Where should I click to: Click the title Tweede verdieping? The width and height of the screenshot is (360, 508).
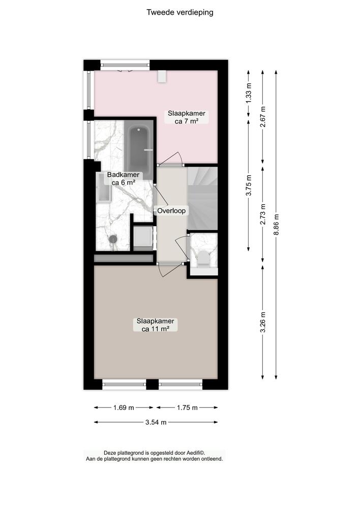point(180,13)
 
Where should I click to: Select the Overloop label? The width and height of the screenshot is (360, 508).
point(171,210)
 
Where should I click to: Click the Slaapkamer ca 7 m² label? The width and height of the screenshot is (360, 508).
point(190,117)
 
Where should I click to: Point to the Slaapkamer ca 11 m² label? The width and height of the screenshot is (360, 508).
point(155,325)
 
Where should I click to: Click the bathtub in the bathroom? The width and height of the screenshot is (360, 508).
point(140,148)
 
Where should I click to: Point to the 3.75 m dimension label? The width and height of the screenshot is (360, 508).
point(249,185)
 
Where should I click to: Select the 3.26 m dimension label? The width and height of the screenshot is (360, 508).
point(263,322)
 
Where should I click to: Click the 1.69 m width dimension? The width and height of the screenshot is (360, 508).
point(124,407)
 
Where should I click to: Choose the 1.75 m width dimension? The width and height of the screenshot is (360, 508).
point(187,407)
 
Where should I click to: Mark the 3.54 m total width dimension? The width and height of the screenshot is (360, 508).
point(156,422)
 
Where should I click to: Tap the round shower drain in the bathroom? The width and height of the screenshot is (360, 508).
point(113,238)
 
